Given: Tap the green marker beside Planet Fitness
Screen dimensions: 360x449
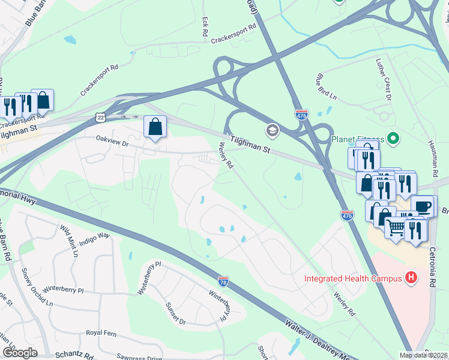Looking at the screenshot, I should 394,139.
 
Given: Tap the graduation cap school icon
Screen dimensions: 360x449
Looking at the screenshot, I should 272,130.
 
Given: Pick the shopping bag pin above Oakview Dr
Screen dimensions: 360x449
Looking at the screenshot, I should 155,127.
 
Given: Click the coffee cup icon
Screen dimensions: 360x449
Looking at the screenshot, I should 424,206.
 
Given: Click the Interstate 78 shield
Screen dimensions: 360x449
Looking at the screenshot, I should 223,280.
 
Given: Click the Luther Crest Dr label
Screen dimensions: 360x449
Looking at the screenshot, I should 388,80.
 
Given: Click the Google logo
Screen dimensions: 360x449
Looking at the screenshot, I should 20,353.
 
